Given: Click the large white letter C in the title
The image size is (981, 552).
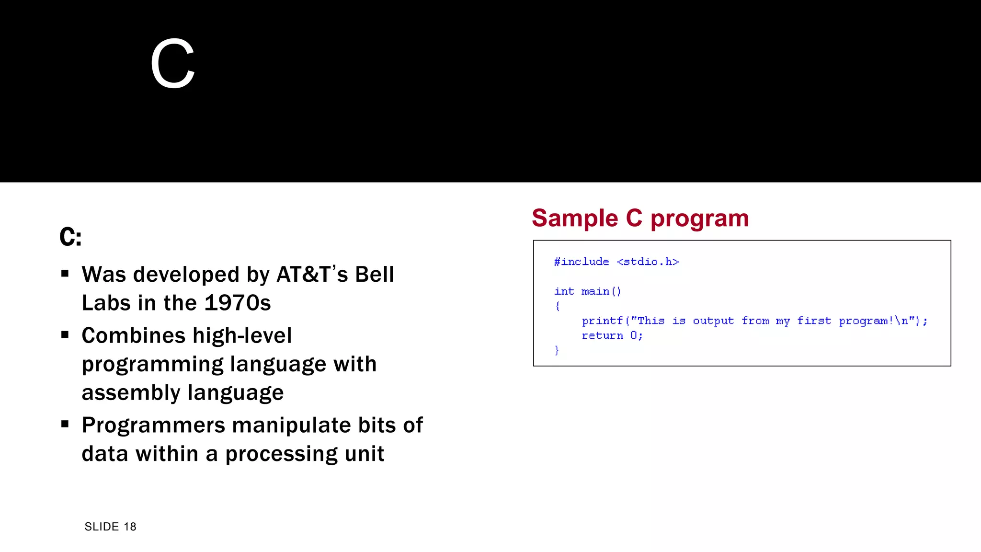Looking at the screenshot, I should tap(172, 64).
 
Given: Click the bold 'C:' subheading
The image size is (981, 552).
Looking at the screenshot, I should tap(70, 237).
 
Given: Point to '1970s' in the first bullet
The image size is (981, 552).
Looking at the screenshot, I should tap(238, 303).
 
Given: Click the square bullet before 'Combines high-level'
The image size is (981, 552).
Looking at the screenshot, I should tap(65, 334).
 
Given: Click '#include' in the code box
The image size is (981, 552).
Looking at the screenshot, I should tap(581, 262).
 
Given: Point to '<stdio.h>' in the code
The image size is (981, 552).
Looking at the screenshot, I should tap(648, 262).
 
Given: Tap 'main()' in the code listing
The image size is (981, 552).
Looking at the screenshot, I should tap(601, 291).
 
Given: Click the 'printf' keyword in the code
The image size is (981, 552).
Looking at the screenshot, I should tap(602, 321).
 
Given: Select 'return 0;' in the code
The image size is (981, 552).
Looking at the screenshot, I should tap(612, 335).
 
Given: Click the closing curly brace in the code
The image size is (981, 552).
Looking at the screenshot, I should tap(557, 350).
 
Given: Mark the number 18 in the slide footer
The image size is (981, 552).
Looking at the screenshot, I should tap(130, 527).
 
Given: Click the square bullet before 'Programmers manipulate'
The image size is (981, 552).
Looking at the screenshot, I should tap(65, 424).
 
